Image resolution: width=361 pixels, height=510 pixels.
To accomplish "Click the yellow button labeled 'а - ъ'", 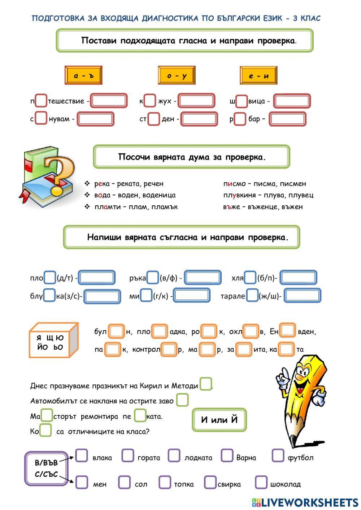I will point(83,75).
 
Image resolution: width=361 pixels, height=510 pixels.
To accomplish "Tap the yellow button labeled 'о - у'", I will point(177,75).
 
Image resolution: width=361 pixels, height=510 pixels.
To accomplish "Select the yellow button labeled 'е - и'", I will point(258,75).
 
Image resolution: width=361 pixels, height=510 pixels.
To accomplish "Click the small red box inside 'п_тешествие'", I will point(41,101).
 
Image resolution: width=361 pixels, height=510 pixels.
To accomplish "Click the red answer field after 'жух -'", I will point(196,101).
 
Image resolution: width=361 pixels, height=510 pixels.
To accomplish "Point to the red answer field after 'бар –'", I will point(287,119).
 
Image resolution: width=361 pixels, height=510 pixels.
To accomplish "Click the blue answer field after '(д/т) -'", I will point(97,278).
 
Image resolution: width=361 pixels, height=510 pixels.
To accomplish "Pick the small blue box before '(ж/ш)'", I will point(252,296).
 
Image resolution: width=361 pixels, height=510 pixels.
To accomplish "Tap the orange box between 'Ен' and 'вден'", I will point(288,331).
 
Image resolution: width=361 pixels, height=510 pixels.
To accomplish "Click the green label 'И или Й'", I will point(219,420).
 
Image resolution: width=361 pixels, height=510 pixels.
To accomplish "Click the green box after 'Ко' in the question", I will point(45,430).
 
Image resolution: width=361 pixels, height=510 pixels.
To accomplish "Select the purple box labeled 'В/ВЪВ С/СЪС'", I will point(46,468).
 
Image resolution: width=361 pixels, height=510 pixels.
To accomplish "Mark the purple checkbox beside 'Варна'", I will point(227,455).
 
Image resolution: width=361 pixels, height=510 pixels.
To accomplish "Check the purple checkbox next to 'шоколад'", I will point(261,482).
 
